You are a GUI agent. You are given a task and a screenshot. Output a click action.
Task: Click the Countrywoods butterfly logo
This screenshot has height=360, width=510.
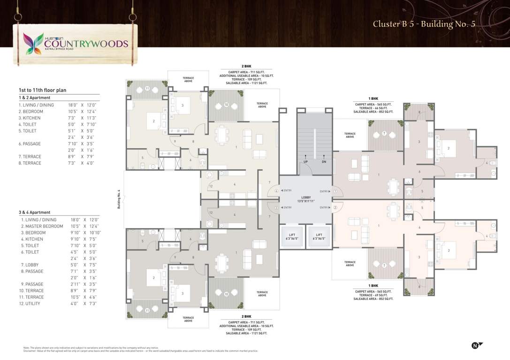[34, 43]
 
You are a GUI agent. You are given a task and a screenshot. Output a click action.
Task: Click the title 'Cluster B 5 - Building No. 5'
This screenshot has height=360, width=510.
[424, 24]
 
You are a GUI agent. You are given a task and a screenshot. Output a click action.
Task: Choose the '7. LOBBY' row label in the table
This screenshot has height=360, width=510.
[30, 265]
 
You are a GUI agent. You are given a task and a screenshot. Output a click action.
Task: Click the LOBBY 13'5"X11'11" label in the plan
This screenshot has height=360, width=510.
[306, 199]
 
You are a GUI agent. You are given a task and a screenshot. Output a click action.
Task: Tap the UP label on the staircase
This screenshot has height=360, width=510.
[305, 162]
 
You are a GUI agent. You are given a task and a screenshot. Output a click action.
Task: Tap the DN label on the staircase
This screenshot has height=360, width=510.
[324, 162]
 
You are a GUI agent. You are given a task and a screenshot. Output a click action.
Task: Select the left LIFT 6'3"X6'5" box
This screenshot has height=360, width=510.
[292, 237]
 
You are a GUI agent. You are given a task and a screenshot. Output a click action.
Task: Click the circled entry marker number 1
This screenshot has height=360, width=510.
[335, 191]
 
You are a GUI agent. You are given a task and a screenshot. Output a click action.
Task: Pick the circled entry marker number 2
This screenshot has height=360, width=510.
[335, 207]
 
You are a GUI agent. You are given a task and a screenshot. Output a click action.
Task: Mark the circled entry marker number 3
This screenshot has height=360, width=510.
[276, 207]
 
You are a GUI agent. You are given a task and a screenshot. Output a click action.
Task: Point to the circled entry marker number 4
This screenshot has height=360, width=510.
[276, 191]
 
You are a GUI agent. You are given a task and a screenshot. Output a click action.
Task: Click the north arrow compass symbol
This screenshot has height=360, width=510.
[476, 345]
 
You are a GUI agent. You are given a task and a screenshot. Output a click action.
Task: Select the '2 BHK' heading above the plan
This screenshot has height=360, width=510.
[247, 67]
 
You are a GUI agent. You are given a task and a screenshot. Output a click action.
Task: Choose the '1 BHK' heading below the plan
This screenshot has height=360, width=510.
[373, 285]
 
